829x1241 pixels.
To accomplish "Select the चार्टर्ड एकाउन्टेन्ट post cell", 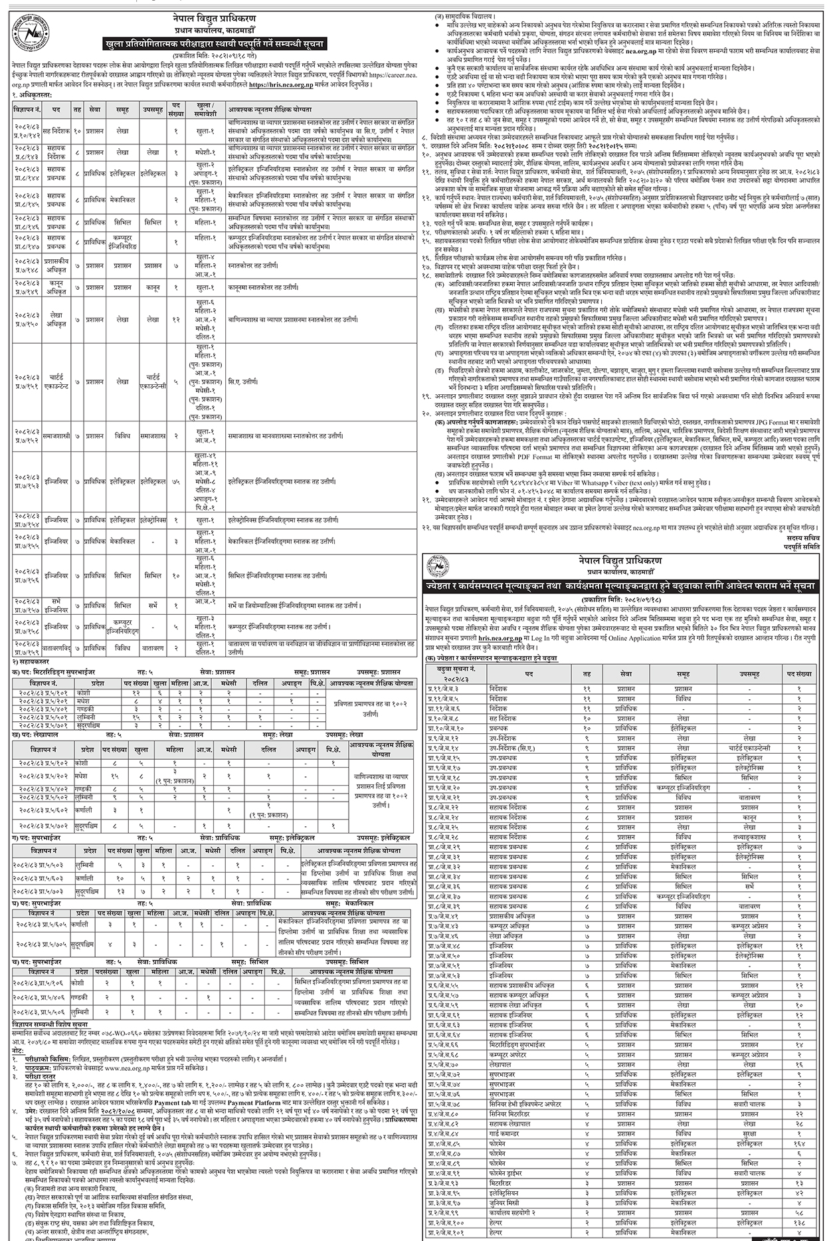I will (58, 383).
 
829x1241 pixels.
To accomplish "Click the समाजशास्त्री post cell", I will (58, 436).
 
